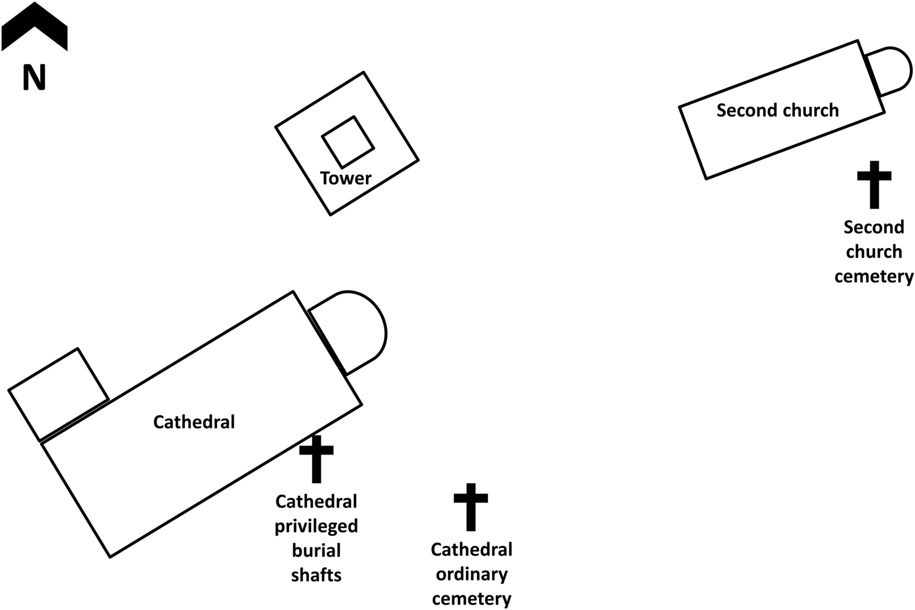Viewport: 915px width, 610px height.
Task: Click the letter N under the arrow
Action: point(35,78)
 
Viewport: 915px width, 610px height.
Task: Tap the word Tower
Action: point(346,178)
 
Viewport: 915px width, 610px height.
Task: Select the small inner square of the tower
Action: point(348,142)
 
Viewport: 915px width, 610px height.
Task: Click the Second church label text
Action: point(777,110)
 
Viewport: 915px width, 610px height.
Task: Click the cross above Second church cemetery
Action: point(874,184)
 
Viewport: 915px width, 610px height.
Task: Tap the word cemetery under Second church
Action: point(874,277)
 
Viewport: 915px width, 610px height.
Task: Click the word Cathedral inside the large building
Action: point(194,422)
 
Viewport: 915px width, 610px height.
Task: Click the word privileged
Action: point(316,527)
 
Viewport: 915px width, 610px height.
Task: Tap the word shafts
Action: point(316,575)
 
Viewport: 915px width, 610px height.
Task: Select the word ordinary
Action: point(471,574)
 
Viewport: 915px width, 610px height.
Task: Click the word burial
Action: point(316,551)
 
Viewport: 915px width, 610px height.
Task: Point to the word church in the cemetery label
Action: point(874,252)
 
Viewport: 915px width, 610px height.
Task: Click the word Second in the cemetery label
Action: point(874,227)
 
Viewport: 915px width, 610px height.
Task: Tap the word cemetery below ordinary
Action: point(471,599)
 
